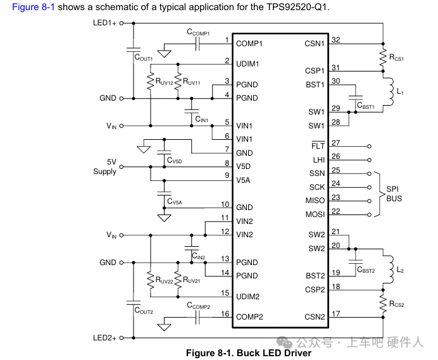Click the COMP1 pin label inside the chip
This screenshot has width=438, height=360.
249,44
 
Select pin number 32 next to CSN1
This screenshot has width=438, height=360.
335,40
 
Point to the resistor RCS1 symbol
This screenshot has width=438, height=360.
383,57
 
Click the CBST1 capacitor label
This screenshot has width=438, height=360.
366,107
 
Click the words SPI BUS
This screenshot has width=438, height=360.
394,194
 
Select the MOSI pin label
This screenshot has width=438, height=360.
315,215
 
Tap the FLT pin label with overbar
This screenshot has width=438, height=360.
318,145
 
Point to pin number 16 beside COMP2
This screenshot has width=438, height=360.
225,313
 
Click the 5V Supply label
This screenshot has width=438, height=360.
104,166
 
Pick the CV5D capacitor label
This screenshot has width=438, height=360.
174,161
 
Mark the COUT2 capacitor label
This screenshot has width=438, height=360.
144,311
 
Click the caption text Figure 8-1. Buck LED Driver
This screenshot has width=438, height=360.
248,353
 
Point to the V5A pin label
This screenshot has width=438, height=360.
244,180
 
